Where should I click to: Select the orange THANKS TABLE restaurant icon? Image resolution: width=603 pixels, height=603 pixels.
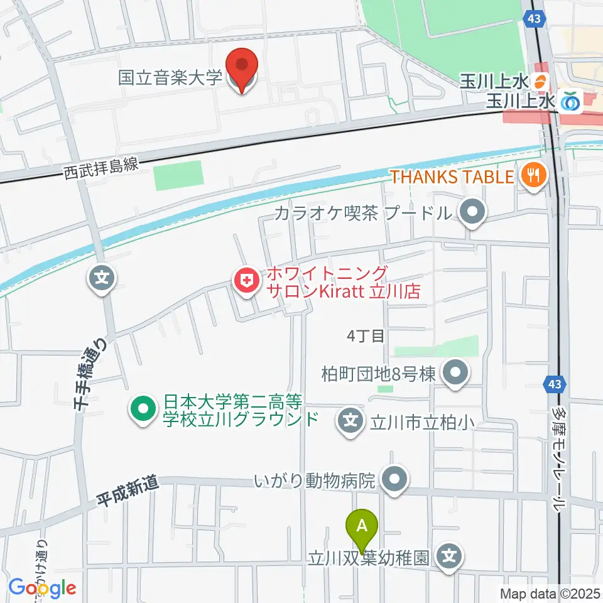533,177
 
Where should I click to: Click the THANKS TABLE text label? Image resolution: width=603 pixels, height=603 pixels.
452,177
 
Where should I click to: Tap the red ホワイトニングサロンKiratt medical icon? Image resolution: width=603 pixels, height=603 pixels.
245,281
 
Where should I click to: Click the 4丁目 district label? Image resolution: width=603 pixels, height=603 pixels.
365,336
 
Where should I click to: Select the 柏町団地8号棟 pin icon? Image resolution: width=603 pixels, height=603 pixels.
455,374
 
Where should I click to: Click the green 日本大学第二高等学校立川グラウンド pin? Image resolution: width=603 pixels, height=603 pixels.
143,410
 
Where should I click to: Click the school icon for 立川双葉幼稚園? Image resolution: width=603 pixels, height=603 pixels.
448,556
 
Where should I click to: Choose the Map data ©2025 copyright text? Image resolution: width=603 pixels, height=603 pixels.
550,593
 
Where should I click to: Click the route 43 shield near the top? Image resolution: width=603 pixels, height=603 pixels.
534,19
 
